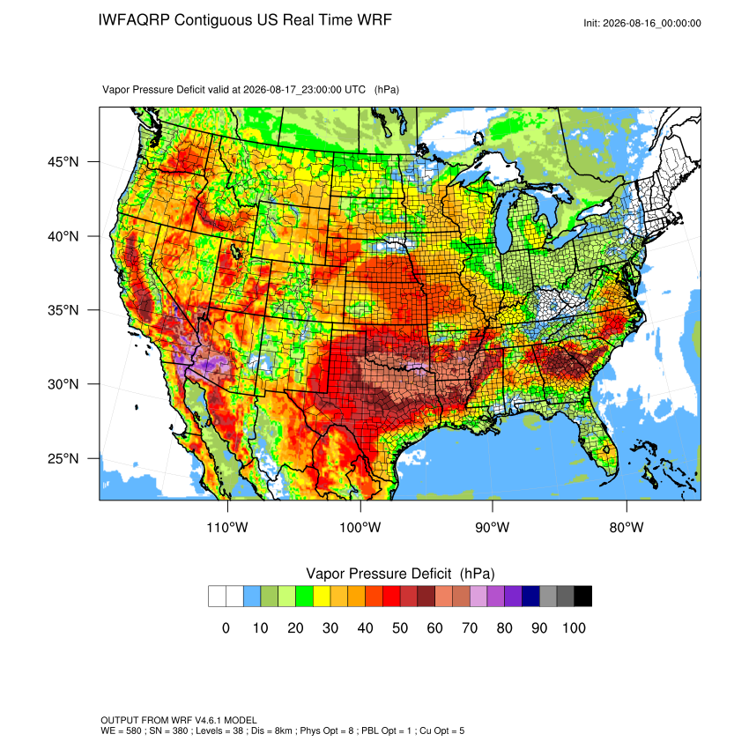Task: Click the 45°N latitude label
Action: [63, 162]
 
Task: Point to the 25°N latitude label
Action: [63, 458]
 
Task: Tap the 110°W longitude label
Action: [227, 527]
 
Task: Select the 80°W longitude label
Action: [627, 527]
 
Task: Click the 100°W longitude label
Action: [360, 527]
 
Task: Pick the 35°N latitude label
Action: [63, 310]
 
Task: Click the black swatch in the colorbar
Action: [582, 597]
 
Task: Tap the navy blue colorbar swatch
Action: [530, 597]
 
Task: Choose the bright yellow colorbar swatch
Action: [322, 597]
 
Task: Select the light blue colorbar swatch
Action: [252, 597]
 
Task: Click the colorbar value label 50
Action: [400, 627]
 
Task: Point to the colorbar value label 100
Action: [574, 627]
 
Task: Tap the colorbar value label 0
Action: [226, 627]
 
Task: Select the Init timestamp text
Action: [642, 23]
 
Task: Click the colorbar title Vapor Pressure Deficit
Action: [378, 574]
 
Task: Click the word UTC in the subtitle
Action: [355, 90]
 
